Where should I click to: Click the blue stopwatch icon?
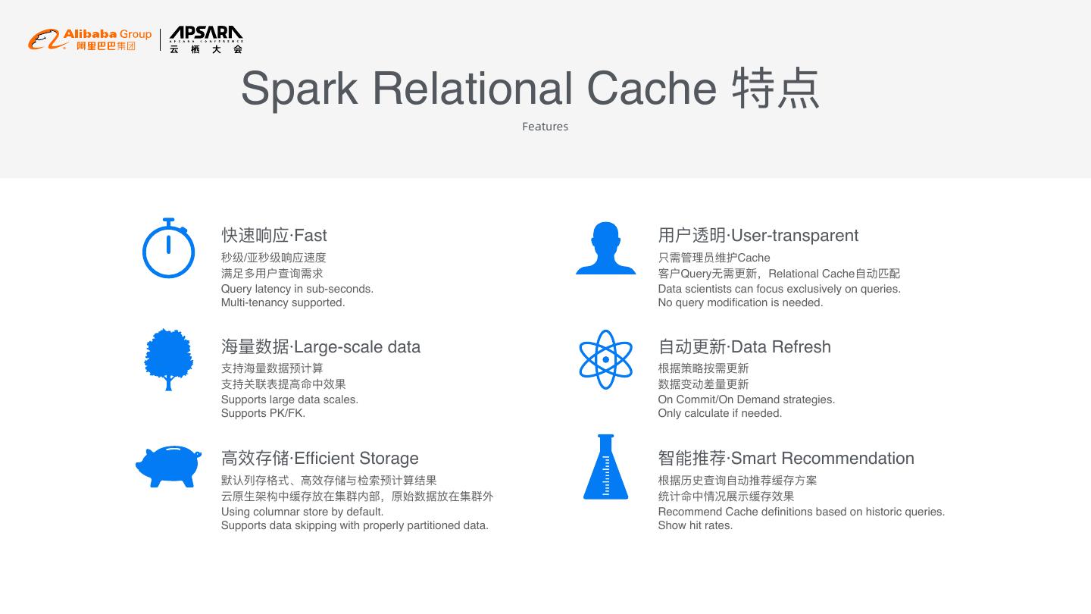(x=168, y=249)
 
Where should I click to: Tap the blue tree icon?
(x=168, y=359)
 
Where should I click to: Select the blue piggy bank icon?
(x=168, y=465)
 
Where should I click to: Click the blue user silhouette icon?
(x=605, y=248)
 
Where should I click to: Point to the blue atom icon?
(x=605, y=359)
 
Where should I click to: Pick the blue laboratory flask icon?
(x=605, y=467)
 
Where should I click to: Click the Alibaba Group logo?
(x=90, y=39)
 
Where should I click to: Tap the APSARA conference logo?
(x=206, y=39)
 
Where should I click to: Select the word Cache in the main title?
(x=652, y=89)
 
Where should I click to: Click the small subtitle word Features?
(x=545, y=127)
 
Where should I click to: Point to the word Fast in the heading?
(x=311, y=236)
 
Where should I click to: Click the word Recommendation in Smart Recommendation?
(x=847, y=459)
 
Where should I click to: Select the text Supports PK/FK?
(x=263, y=413)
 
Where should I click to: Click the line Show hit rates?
(x=695, y=525)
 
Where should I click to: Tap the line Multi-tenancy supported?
(x=283, y=302)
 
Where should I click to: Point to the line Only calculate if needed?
(x=720, y=413)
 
